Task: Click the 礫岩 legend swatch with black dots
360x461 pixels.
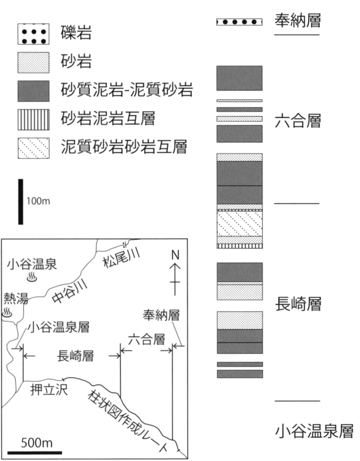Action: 34,34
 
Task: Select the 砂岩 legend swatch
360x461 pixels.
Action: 34,62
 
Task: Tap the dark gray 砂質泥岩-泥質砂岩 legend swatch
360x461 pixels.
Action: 34,91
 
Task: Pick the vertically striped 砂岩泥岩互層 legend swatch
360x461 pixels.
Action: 34,120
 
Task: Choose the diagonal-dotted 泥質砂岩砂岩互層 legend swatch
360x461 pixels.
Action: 34,148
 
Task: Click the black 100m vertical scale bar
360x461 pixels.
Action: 21,202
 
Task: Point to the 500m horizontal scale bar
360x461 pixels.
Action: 35,453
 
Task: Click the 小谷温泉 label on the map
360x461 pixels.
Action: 32,264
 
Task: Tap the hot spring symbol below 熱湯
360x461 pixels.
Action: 7,312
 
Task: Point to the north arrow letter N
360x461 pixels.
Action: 175,255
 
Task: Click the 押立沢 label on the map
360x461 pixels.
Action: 49,389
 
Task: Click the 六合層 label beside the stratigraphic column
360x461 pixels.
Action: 297,121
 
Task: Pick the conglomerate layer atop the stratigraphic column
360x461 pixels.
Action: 239,22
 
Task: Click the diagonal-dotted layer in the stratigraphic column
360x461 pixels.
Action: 239,224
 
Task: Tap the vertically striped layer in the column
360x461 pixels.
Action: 239,246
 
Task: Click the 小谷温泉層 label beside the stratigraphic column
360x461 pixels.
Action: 314,431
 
